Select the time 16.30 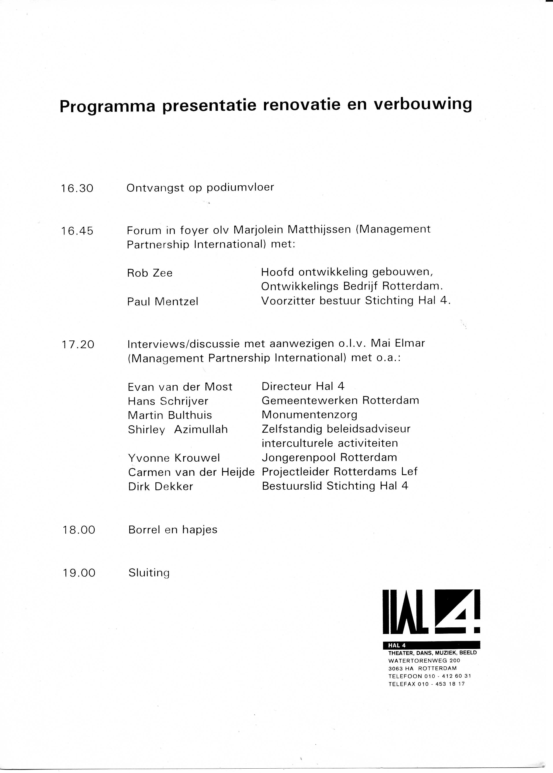pyautogui.click(x=77, y=188)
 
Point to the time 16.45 pyautogui.click(x=77, y=231)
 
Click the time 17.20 pyautogui.click(x=78, y=345)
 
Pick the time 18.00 pyautogui.click(x=79, y=530)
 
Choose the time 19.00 pyautogui.click(x=79, y=573)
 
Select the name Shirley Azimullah pyautogui.click(x=178, y=429)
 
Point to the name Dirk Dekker pyautogui.click(x=160, y=486)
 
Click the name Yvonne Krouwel pyautogui.click(x=174, y=458)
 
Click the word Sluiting pyautogui.click(x=149, y=573)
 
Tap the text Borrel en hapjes pyautogui.click(x=173, y=530)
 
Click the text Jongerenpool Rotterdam pyautogui.click(x=329, y=457)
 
